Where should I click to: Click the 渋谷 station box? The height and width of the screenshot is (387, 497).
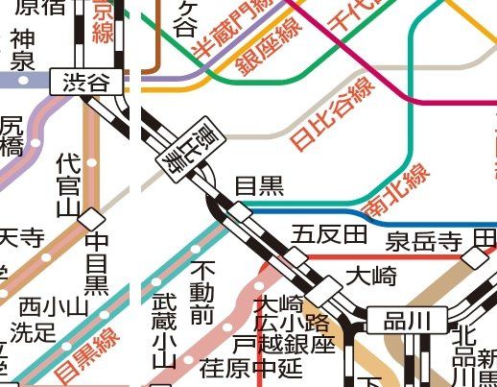pos(86,84)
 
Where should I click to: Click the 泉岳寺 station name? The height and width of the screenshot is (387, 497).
pos(425,240)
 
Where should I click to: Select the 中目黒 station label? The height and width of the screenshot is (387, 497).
pos(96,262)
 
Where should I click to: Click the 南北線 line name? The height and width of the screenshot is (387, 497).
pos(395,192)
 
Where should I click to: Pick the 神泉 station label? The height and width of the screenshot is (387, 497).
pos(22,51)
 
